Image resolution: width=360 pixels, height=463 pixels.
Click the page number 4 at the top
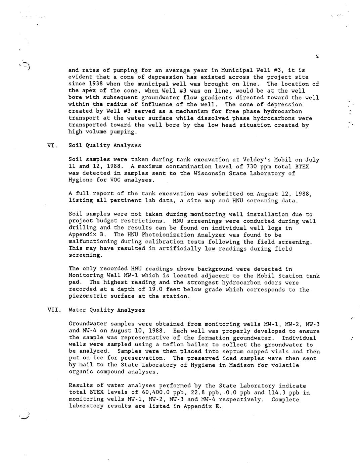point(317,57)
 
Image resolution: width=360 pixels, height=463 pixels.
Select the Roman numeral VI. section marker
point(53,146)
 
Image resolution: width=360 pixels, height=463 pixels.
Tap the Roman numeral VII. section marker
point(54,310)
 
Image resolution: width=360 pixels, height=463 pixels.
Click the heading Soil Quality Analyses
point(105,146)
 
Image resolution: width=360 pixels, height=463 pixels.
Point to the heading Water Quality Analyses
point(107,310)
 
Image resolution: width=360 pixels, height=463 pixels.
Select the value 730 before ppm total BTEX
point(252,166)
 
